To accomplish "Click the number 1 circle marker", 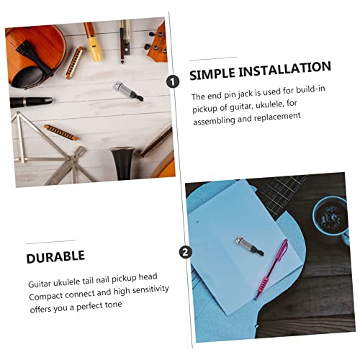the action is point(173,81).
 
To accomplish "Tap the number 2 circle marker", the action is point(186,253).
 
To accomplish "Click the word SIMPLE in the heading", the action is point(212,73).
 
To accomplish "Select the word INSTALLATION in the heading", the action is point(285,69).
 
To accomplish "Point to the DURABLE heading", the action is point(55,257).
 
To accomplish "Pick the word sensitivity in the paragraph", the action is point(150,289).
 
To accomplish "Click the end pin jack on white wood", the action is point(129,91).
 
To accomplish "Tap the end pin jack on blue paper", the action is point(249,246).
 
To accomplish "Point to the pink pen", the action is point(271,269).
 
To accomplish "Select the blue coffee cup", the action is point(331,218).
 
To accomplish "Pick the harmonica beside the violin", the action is point(74,63).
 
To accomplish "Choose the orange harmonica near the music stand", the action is point(60,132).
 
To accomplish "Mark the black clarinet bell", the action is point(123,163).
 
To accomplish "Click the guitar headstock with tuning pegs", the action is point(156,45).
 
